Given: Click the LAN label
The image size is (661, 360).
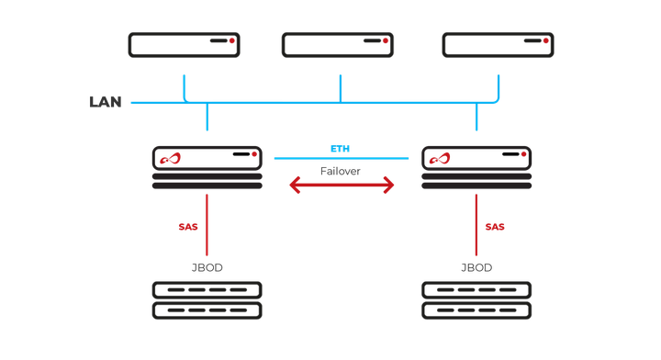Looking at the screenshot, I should coord(106,102).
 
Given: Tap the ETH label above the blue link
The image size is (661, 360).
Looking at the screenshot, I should coord(341,149).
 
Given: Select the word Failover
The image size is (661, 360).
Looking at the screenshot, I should coord(341,171).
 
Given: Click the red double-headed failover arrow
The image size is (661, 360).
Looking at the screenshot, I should coord(342,186).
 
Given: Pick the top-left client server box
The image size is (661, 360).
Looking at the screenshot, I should coord(184,45).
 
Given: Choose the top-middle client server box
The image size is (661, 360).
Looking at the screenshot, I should coord(338,45).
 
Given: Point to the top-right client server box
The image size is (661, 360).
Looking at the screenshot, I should coord(498,45).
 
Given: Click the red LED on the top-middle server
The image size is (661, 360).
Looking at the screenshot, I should coord(384,40).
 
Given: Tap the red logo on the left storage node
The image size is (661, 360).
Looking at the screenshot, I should coord(171,160).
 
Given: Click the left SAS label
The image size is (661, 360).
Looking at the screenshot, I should coord(188,226).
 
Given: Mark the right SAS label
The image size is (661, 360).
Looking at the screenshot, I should coord(495,226).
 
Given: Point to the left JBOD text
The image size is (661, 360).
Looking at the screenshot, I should coord(207,268).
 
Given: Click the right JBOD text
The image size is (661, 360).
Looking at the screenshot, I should coord(476,268).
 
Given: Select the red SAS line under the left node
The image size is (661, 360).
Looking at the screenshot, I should coord(207,225).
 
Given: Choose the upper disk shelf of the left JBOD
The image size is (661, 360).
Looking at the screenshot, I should coord(207,290).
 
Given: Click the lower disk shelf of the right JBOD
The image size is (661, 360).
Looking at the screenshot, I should coord(476,310).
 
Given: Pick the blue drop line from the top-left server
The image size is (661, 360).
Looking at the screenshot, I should coord(184,87).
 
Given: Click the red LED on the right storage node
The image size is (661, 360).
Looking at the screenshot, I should coord(523,155).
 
